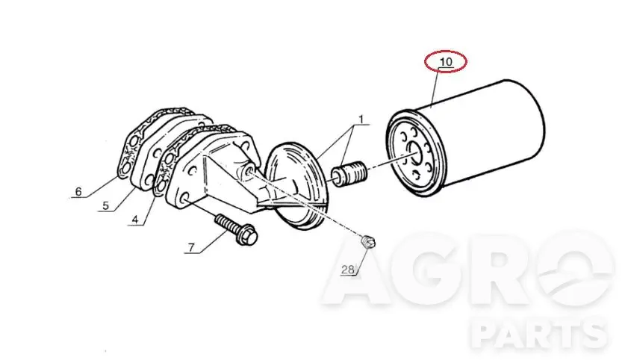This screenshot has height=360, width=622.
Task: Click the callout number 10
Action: click(446, 62)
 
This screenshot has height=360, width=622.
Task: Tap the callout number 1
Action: click(361, 119)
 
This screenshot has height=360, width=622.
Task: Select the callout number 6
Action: click(78, 192)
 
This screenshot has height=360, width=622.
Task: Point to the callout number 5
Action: click(105, 205)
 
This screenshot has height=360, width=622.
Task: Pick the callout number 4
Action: click(135, 220)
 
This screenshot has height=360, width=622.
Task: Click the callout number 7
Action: click(191, 248)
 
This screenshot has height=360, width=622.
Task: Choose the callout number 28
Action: click(347, 270)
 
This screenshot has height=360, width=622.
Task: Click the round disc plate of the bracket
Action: click(296, 186)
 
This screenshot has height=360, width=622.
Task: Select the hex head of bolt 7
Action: click(248, 235)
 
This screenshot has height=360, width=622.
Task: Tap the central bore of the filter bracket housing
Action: click(250, 173)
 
